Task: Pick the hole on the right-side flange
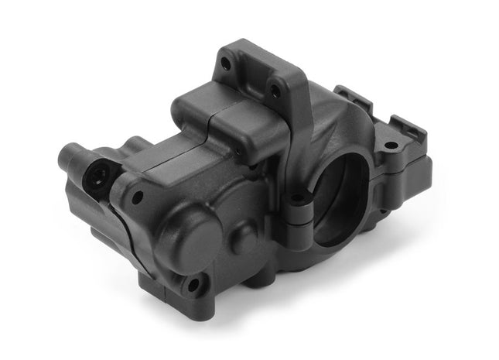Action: tap(391, 145)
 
